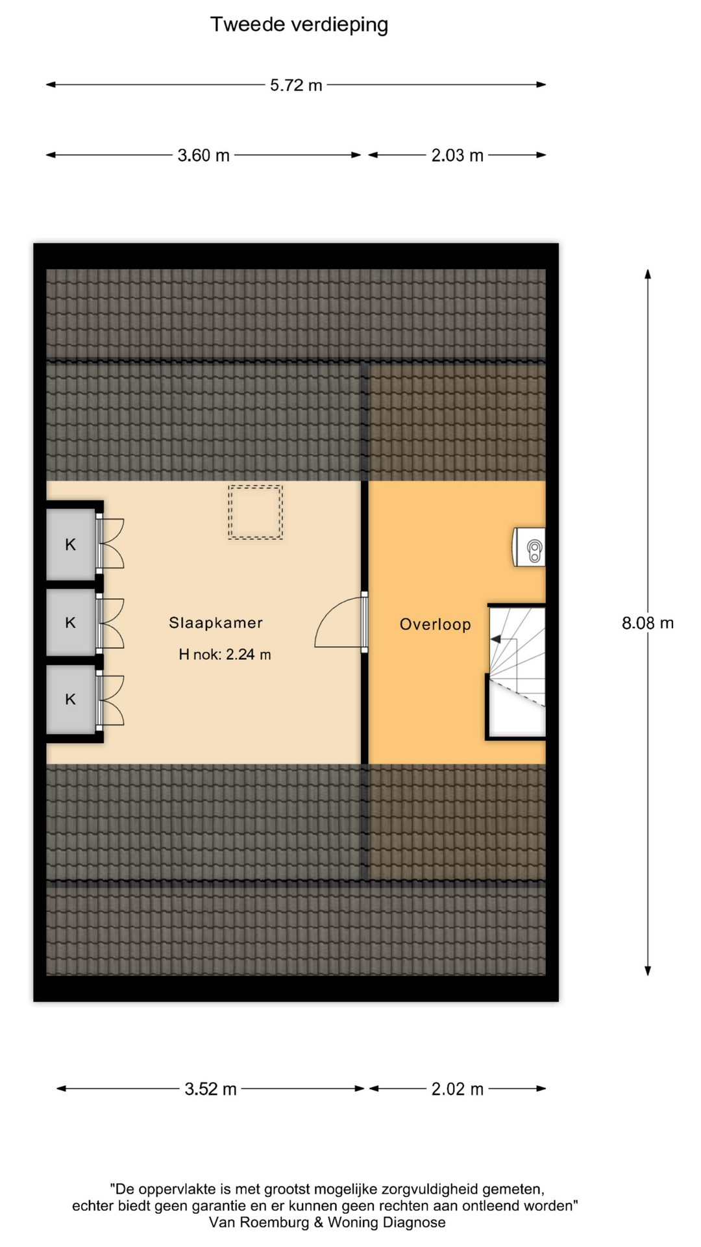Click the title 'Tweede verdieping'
point(299,25)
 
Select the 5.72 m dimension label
point(296,85)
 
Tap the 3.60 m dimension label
point(203,155)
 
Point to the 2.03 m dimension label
point(458,155)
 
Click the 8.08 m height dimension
point(648,623)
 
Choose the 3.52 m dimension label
point(210,1089)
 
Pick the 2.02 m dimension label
point(458,1089)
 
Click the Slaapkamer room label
point(215,623)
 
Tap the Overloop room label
point(435,624)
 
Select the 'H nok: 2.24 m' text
point(225,655)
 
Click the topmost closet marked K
point(71,544)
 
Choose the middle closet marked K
point(71,622)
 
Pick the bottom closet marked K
point(71,699)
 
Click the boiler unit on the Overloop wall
point(529,547)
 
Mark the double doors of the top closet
point(111,544)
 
